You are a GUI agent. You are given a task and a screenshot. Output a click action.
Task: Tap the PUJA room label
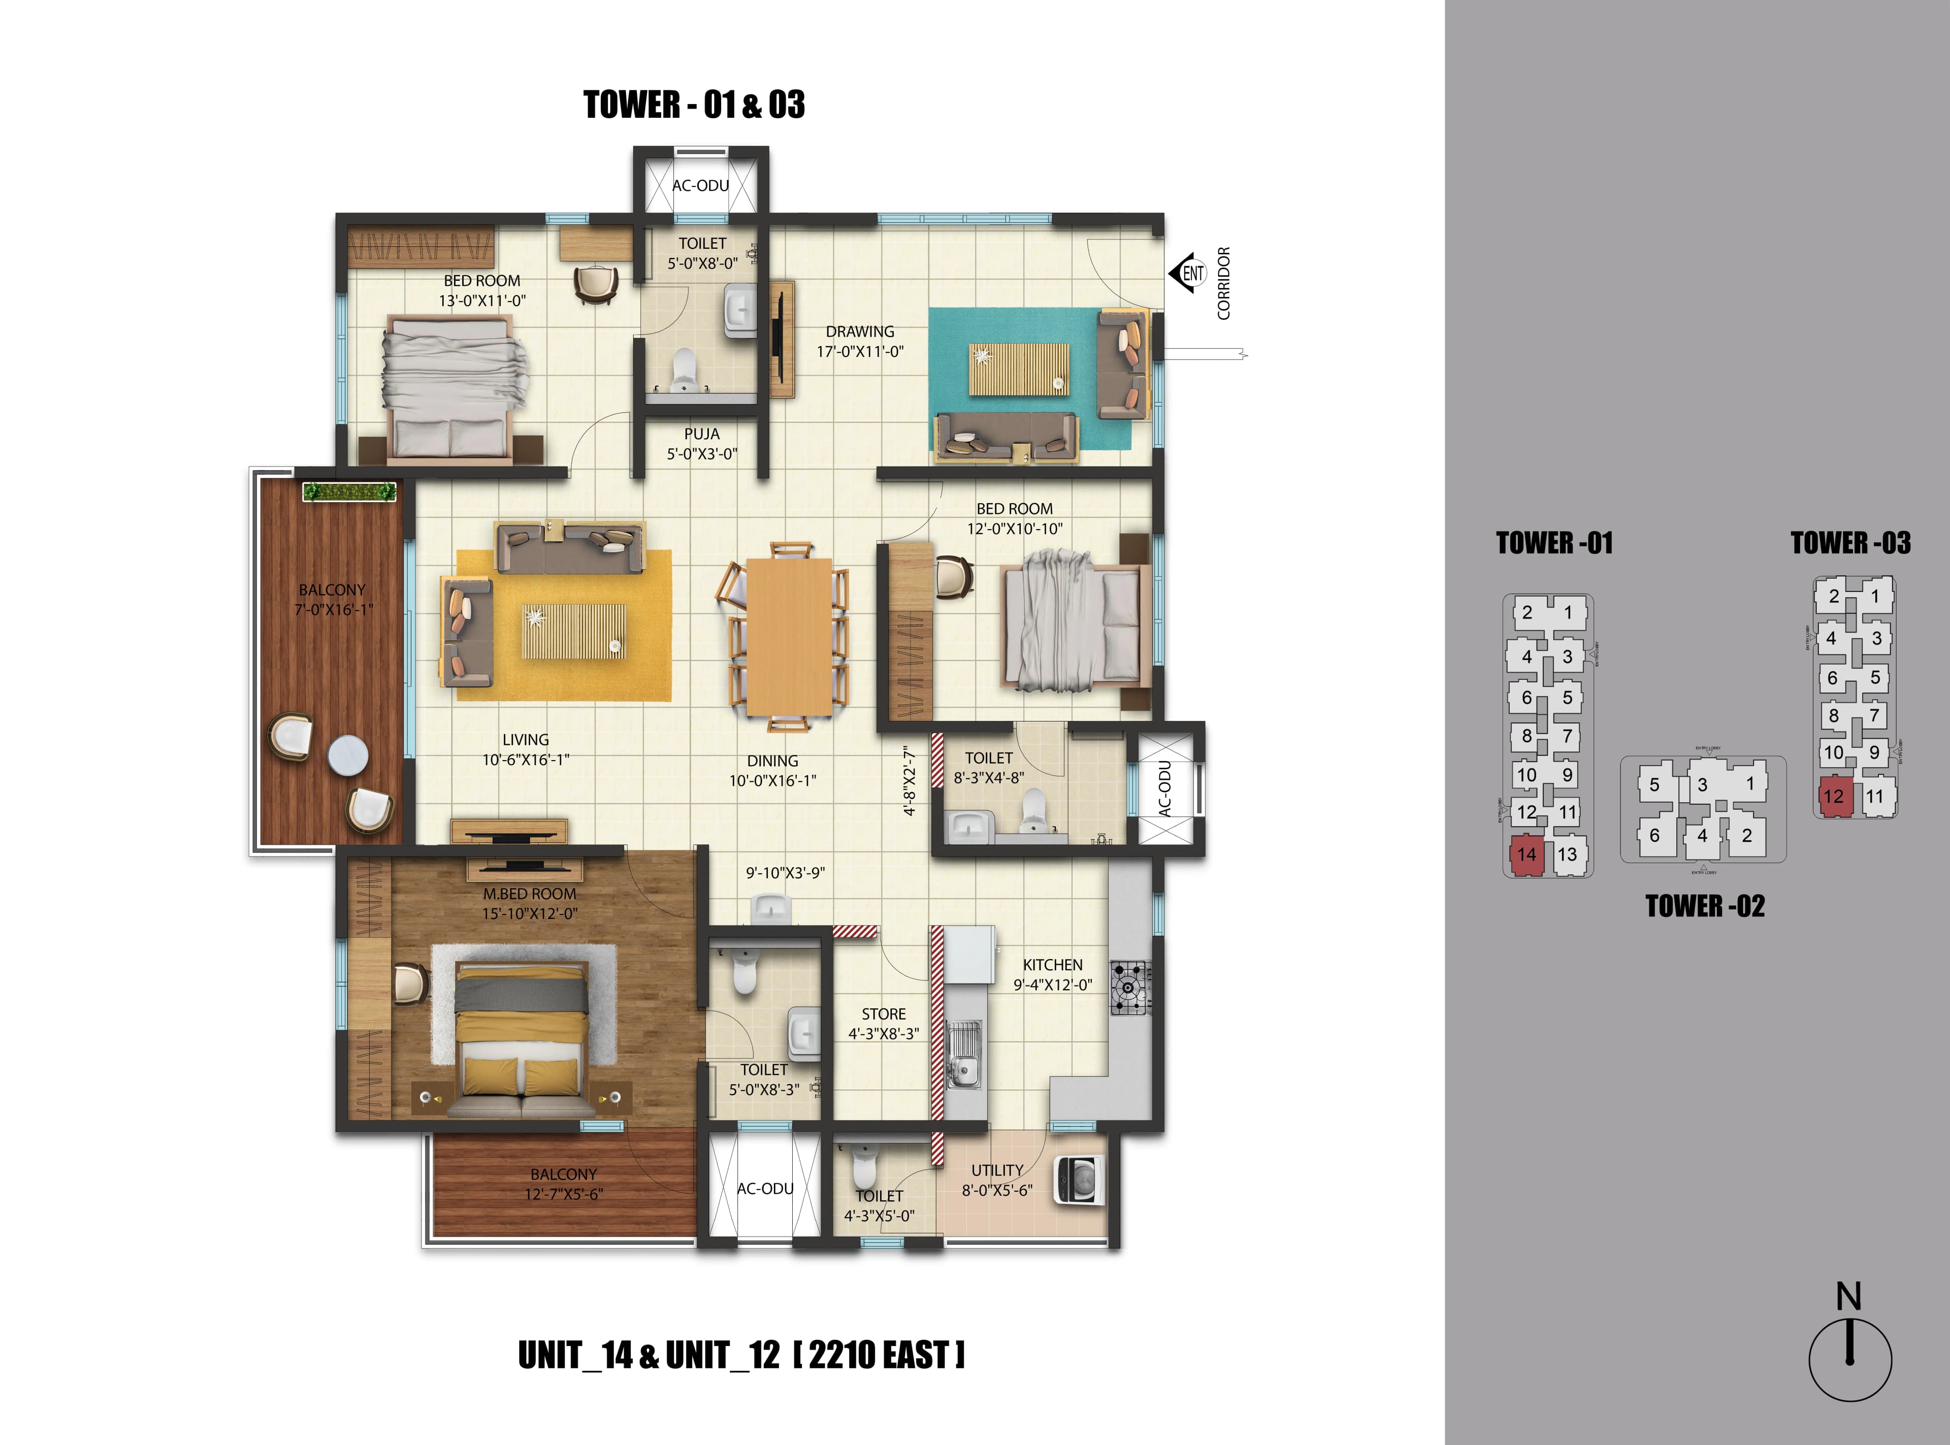pos(702,434)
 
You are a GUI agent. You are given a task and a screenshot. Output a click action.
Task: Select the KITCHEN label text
pos(1052,965)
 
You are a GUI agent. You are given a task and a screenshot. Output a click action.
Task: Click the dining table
pos(787,636)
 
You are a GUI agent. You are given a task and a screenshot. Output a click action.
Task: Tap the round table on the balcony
pos(348,756)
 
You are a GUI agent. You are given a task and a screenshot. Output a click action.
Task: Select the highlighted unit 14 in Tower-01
pos(1526,855)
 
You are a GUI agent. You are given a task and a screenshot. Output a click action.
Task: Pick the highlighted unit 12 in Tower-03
pos(1833,796)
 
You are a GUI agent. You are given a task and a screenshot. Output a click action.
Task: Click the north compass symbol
pos(1849,1358)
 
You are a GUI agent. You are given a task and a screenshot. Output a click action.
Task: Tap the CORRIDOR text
pos(1224,282)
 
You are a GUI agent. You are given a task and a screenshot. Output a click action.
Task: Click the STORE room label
pos(884,1014)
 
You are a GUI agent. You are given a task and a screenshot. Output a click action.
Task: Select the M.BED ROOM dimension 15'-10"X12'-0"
pos(530,913)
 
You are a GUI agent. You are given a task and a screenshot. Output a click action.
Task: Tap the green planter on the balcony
pos(349,491)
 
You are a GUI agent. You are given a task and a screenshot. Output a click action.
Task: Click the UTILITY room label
pos(997,1170)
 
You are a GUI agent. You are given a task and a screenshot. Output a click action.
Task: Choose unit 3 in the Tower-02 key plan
pos(1702,784)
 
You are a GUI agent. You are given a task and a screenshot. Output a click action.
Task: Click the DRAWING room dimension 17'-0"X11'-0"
pos(860,352)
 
